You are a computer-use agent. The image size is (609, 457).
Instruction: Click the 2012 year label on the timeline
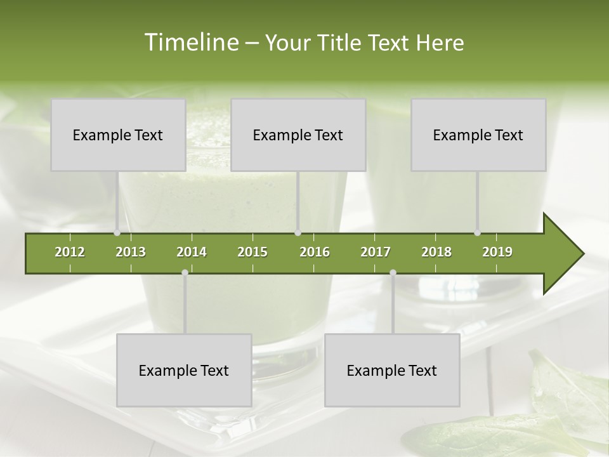pyautogui.click(x=70, y=252)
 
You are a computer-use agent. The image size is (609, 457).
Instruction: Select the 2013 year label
pyautogui.click(x=131, y=252)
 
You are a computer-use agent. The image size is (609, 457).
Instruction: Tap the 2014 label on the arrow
pyautogui.click(x=192, y=252)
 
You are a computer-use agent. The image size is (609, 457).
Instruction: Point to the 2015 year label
pyautogui.click(x=252, y=252)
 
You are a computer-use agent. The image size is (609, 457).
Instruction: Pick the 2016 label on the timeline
pyautogui.click(x=315, y=252)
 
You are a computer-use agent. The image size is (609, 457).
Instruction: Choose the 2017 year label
pyautogui.click(x=376, y=252)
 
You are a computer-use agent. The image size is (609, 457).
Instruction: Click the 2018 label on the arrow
pyautogui.click(x=436, y=252)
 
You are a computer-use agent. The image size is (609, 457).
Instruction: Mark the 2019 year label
pyautogui.click(x=497, y=252)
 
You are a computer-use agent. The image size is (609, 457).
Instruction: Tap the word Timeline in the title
pyautogui.click(x=190, y=43)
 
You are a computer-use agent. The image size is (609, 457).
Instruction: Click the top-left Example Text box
pyautogui.click(x=118, y=135)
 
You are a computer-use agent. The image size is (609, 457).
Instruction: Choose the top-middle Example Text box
pyautogui.click(x=298, y=135)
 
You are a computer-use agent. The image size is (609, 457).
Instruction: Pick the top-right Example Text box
pyautogui.click(x=478, y=135)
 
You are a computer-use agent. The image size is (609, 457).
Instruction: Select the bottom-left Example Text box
pyautogui.click(x=184, y=370)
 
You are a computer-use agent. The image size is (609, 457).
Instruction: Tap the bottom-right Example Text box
pyautogui.click(x=392, y=370)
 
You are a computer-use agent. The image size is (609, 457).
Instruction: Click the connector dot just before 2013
pyautogui.click(x=117, y=233)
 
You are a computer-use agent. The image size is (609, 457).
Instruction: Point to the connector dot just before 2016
pyautogui.click(x=298, y=233)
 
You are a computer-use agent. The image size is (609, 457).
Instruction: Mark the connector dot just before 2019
pyautogui.click(x=477, y=233)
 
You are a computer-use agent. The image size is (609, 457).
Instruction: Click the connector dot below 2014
pyautogui.click(x=185, y=272)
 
